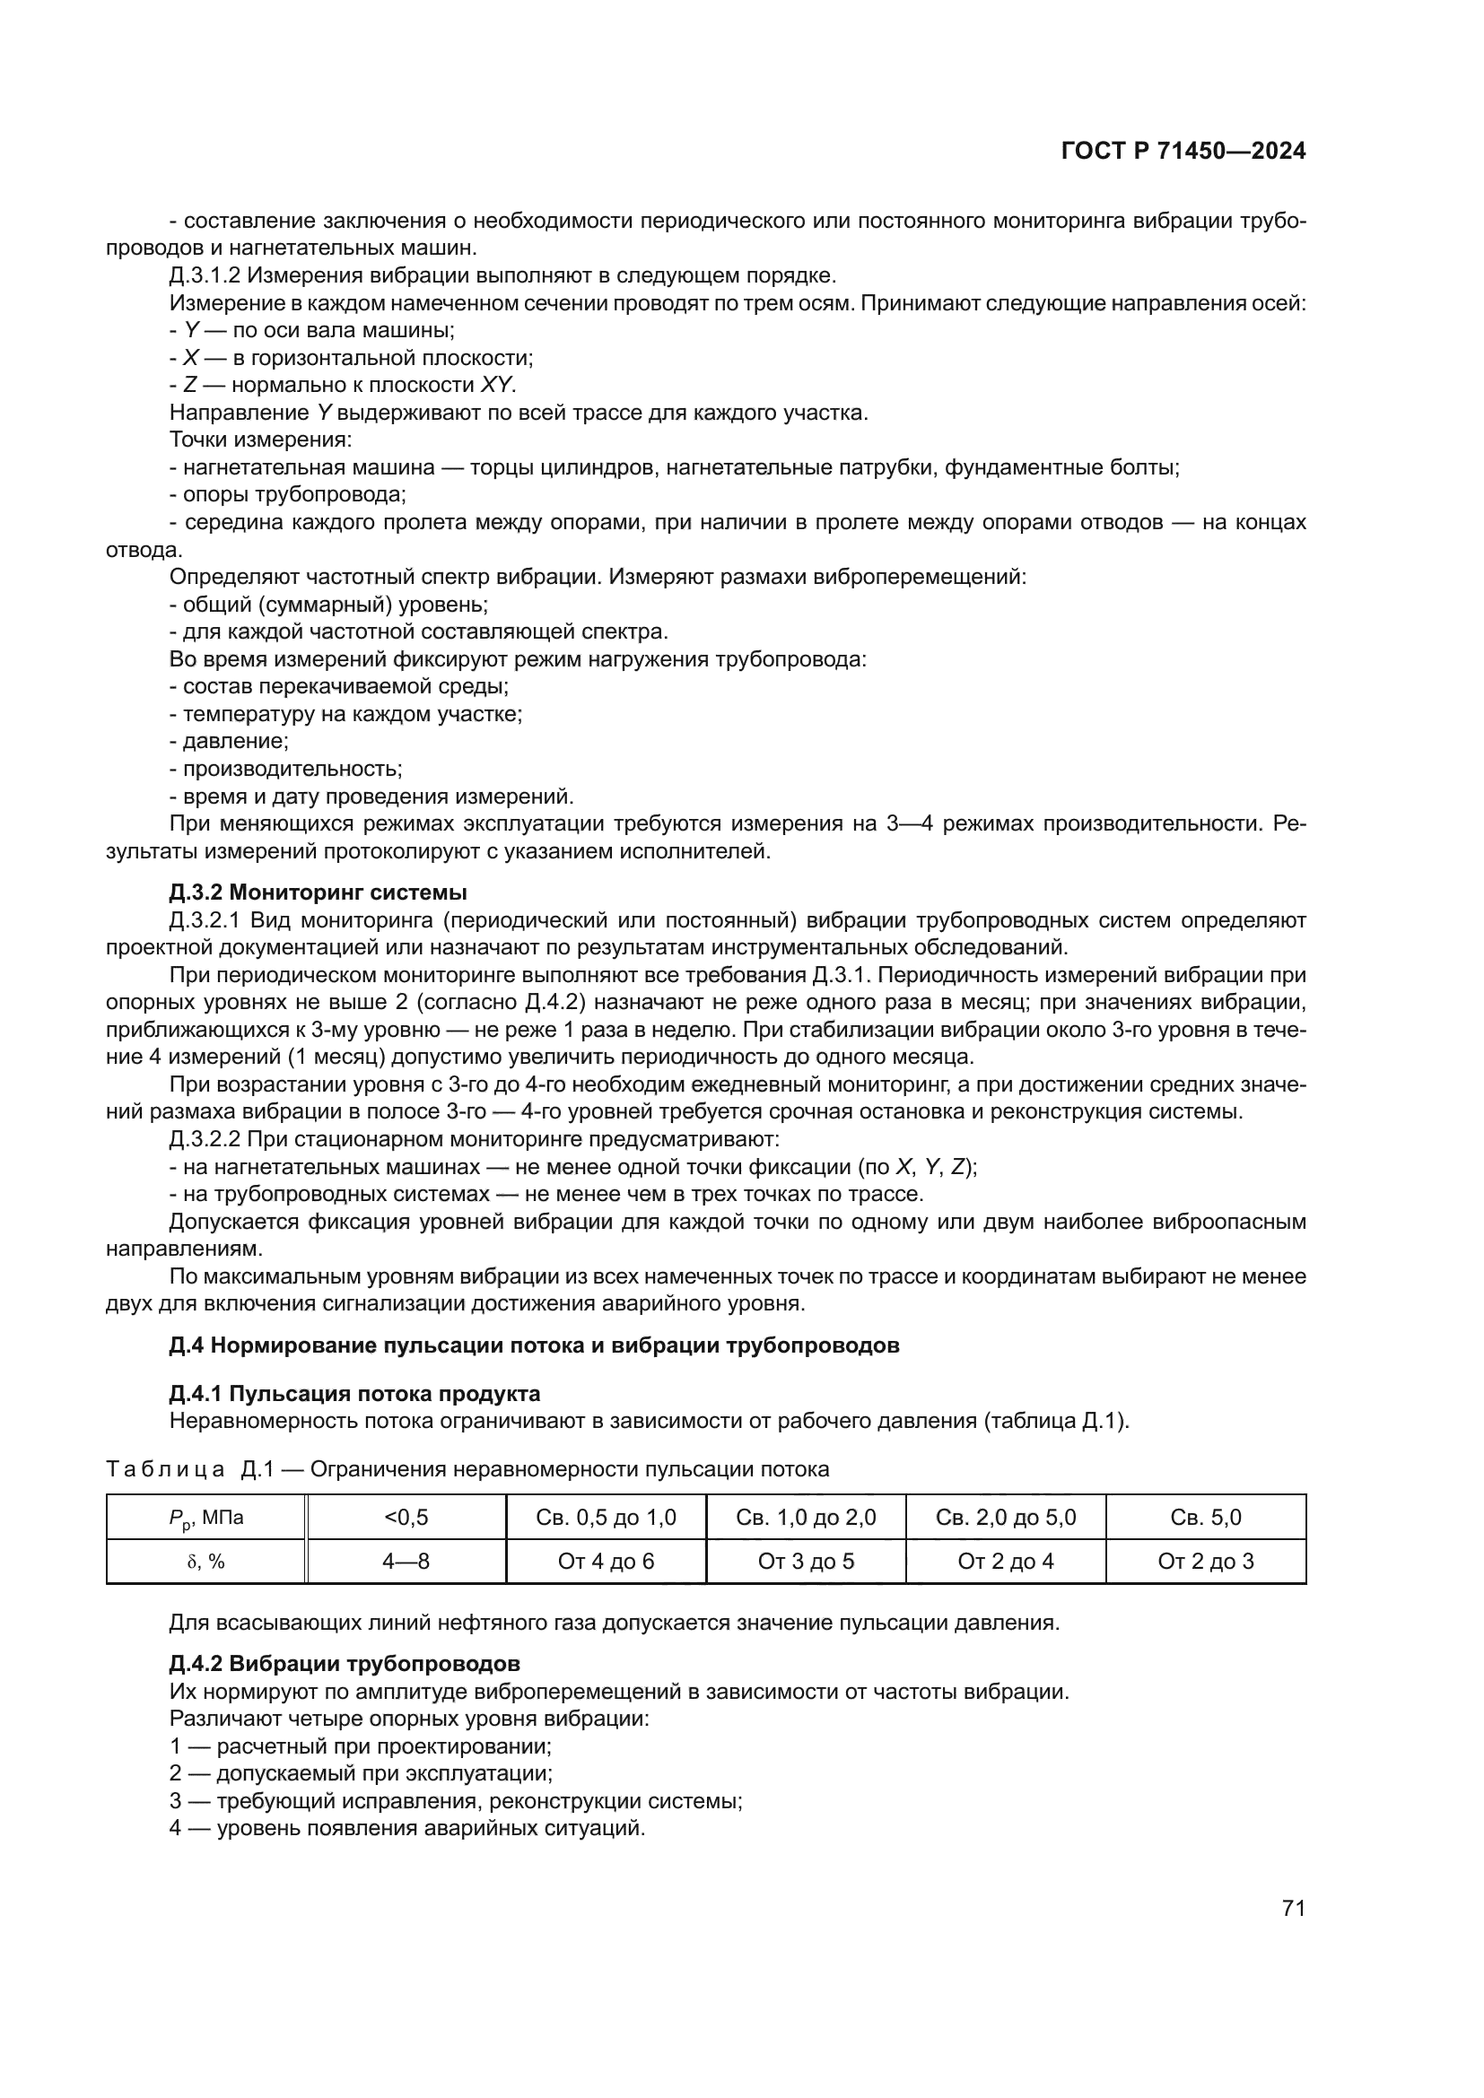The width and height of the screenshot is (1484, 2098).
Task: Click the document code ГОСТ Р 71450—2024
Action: coord(1183,152)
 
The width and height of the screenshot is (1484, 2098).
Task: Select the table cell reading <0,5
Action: coord(406,1517)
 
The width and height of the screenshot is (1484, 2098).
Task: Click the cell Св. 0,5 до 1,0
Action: coord(606,1517)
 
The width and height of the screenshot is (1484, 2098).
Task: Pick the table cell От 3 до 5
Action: coord(805,1561)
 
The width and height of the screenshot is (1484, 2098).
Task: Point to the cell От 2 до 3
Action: coord(1205,1561)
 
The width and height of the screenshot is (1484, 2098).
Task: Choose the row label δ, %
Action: coord(205,1561)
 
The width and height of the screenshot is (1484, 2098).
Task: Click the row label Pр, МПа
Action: coord(205,1517)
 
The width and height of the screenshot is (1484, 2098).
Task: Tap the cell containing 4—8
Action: coord(406,1561)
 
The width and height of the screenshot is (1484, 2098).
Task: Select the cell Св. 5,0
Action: coord(1205,1517)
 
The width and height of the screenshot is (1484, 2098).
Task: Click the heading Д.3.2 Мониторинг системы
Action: coord(318,892)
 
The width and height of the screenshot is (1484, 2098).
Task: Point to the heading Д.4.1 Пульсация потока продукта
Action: coord(354,1394)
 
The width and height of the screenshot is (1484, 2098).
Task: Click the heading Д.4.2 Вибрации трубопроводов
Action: coord(345,1663)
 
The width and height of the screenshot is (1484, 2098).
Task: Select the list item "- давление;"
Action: coord(230,741)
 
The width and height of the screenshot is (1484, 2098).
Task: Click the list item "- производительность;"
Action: coord(286,769)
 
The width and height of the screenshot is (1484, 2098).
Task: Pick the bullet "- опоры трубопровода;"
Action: coord(288,494)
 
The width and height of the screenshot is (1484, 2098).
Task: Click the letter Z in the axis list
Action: coord(190,385)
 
